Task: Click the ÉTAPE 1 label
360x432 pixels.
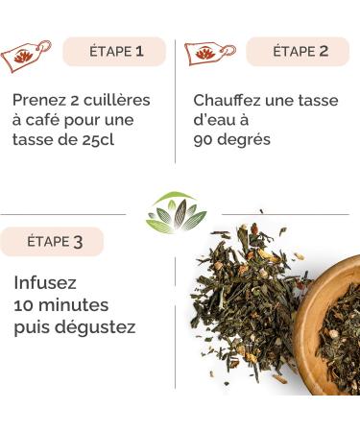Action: point(115,52)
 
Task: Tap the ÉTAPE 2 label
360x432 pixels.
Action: point(299,52)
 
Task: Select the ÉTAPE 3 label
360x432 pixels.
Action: point(54,242)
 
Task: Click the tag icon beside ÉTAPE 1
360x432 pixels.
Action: point(26,56)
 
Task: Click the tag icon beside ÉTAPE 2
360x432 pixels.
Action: point(208,54)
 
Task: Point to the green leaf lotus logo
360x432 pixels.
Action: point(176,213)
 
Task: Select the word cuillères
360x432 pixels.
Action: point(116,100)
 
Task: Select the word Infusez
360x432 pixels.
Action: point(45,285)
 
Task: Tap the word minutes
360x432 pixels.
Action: point(76,306)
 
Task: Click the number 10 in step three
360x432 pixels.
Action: point(24,306)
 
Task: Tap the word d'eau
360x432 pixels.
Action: point(215,120)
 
